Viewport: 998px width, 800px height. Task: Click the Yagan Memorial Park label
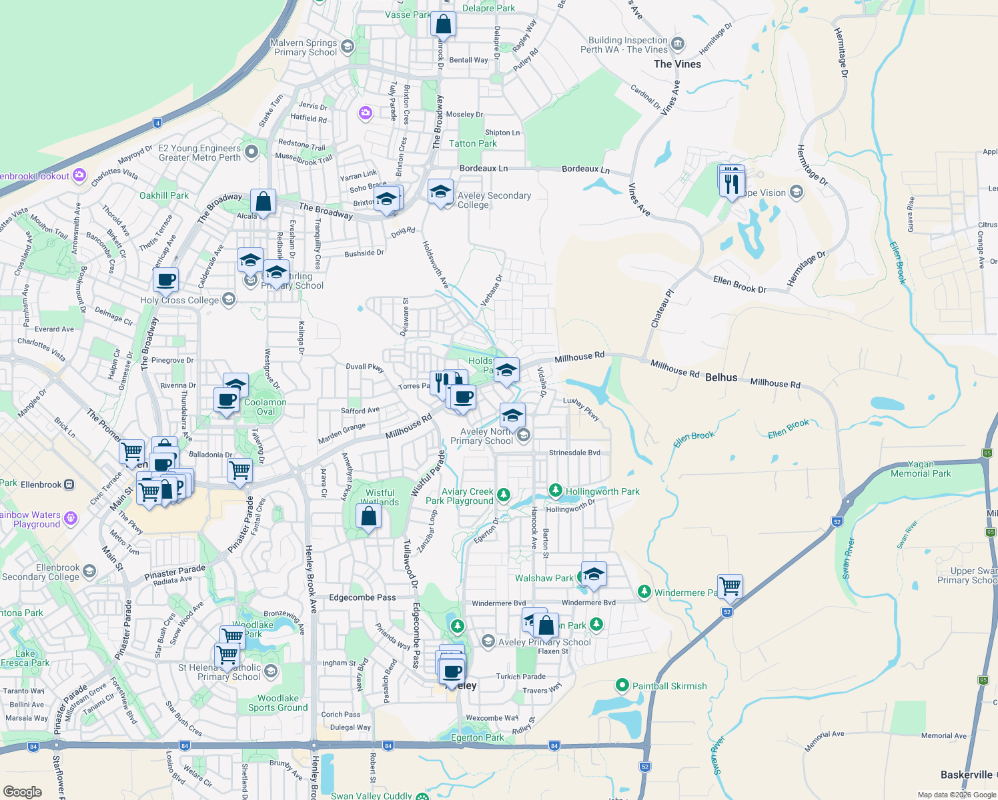point(921,469)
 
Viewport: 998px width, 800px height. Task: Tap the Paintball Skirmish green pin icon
point(622,685)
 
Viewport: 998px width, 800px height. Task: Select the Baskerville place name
point(966,775)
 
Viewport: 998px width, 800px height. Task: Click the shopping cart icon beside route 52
point(730,586)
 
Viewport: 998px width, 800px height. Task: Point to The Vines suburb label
point(677,64)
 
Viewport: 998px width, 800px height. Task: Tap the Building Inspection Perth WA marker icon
point(678,45)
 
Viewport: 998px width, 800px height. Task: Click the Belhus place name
point(721,377)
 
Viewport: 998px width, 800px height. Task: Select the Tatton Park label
point(472,143)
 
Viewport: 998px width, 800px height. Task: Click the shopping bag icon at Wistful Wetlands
point(368,516)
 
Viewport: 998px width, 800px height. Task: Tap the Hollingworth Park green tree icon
point(555,491)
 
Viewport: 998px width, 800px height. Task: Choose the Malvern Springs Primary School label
point(304,47)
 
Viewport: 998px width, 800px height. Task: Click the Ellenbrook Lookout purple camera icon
point(79,175)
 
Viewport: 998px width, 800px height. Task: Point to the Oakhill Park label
point(164,195)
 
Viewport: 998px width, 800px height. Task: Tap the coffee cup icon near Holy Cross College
point(166,279)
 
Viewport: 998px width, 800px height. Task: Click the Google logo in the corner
point(22,791)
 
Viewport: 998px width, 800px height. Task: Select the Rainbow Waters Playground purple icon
point(71,518)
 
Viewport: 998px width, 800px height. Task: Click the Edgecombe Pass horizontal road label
point(362,597)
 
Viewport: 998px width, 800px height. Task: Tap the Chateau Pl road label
point(662,308)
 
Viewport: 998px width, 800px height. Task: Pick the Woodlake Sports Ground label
point(278,703)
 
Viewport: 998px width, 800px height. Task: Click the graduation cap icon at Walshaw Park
point(593,574)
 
